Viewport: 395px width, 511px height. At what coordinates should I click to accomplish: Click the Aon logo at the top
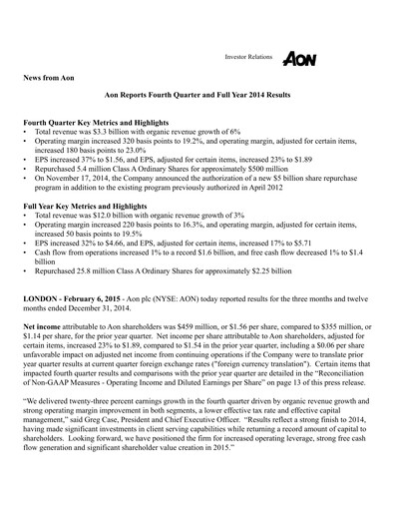click(x=298, y=58)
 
